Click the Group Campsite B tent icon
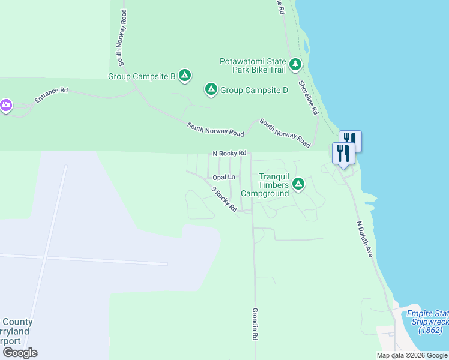(x=185, y=76)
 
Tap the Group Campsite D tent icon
(x=211, y=89)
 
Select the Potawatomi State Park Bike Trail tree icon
(x=295, y=64)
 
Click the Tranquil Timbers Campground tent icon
(x=298, y=184)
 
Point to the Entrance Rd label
(x=51, y=95)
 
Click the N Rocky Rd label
(x=230, y=154)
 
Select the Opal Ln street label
(x=224, y=178)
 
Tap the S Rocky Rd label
(x=224, y=199)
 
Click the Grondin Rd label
(x=255, y=325)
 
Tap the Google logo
(x=20, y=353)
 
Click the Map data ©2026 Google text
(x=412, y=355)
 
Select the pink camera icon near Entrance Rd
(x=5, y=106)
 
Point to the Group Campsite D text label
(x=254, y=90)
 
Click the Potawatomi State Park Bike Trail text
(x=253, y=65)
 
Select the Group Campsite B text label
(x=141, y=76)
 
